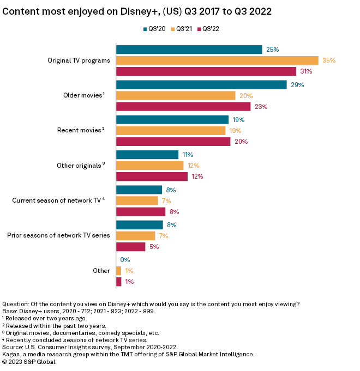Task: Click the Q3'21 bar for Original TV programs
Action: [x=217, y=60]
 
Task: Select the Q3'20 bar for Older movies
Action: [x=201, y=85]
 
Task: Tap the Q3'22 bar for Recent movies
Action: [x=173, y=142]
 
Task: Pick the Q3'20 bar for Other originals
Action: [x=147, y=155]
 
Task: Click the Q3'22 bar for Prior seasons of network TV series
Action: [x=131, y=247]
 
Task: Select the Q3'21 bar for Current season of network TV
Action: [x=137, y=200]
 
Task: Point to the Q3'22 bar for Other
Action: [x=119, y=282]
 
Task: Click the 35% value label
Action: [x=329, y=60]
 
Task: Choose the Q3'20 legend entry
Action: [x=155, y=28]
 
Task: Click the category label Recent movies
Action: [x=80, y=131]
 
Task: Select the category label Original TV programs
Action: [x=79, y=60]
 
